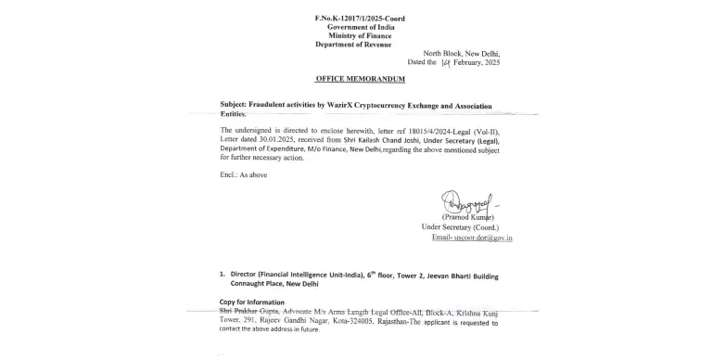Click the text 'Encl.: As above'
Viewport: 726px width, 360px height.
pos(244,175)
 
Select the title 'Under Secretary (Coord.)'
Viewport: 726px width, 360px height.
pos(460,227)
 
